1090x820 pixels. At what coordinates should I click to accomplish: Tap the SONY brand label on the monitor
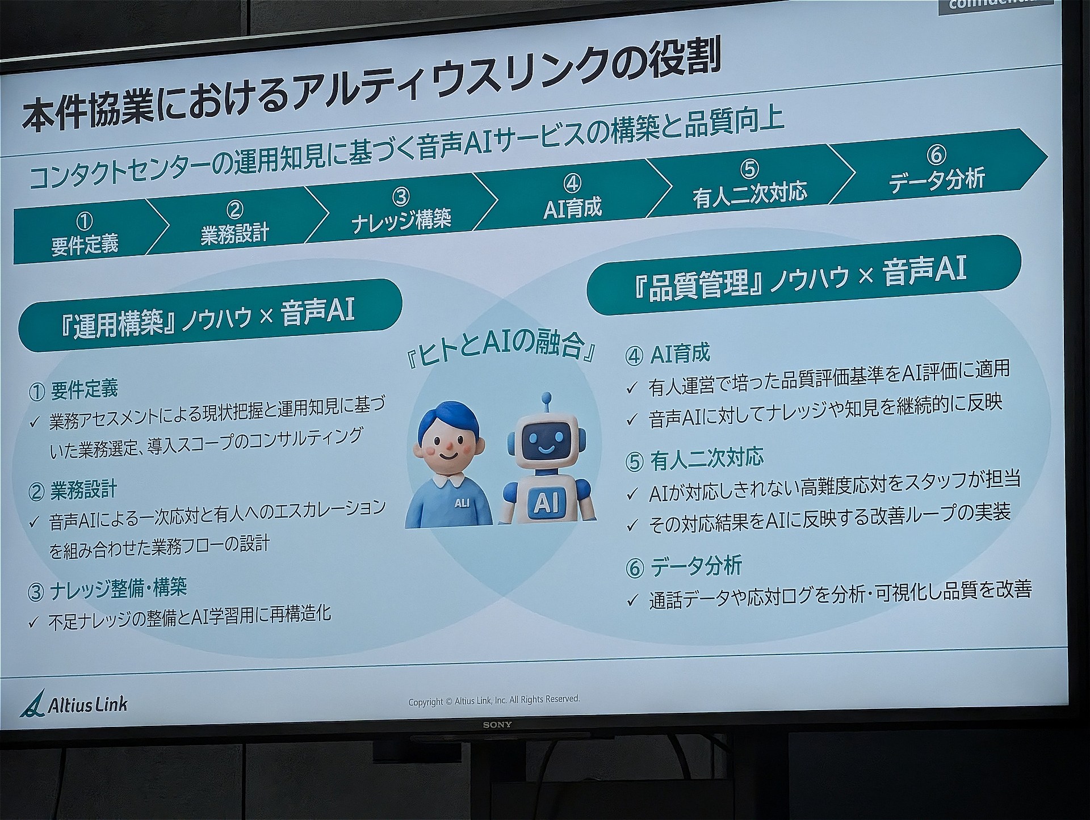(497, 725)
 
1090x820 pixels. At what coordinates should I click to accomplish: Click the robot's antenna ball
(546, 397)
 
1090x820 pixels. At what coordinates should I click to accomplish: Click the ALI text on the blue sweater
(461, 502)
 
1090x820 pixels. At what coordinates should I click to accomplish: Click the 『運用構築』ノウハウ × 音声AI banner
(210, 316)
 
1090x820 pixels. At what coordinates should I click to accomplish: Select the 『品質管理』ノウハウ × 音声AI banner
(803, 275)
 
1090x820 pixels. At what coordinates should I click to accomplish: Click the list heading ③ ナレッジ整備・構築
(107, 588)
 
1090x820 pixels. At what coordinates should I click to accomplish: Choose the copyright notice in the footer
(494, 700)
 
